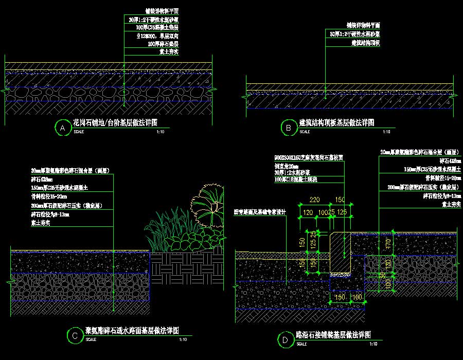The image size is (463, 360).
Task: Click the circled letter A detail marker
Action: [x=62, y=128]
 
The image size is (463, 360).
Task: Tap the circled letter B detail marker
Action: [x=288, y=128]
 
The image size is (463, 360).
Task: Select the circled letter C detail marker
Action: [x=75, y=336]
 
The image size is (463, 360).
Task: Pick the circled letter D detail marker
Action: [x=284, y=339]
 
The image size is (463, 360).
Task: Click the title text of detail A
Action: [x=115, y=123]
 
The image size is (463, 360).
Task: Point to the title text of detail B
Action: [x=336, y=123]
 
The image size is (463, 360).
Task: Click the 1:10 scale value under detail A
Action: [x=160, y=132]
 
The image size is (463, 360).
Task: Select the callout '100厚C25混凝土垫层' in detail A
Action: [x=154, y=27]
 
